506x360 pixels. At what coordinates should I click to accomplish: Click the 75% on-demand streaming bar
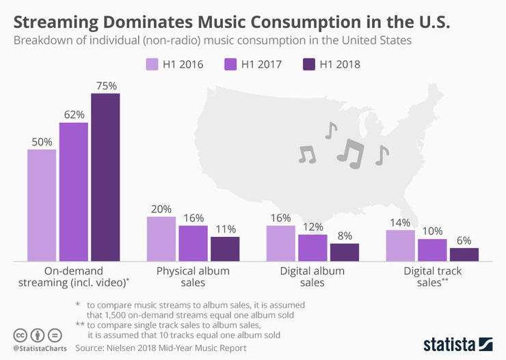(105, 177)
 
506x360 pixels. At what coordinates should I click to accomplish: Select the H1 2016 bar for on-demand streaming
(42, 205)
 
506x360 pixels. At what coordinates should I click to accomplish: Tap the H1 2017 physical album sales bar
(193, 243)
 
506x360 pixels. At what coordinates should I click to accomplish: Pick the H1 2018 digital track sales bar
(464, 254)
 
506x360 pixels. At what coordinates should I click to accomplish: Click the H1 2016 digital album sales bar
(281, 243)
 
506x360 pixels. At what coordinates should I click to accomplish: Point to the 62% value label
(73, 114)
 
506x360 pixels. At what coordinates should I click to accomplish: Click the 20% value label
(161, 208)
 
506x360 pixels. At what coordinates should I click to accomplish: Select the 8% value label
(345, 235)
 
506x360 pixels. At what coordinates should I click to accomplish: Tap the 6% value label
(464, 240)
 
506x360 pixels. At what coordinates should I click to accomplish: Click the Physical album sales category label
(193, 277)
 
